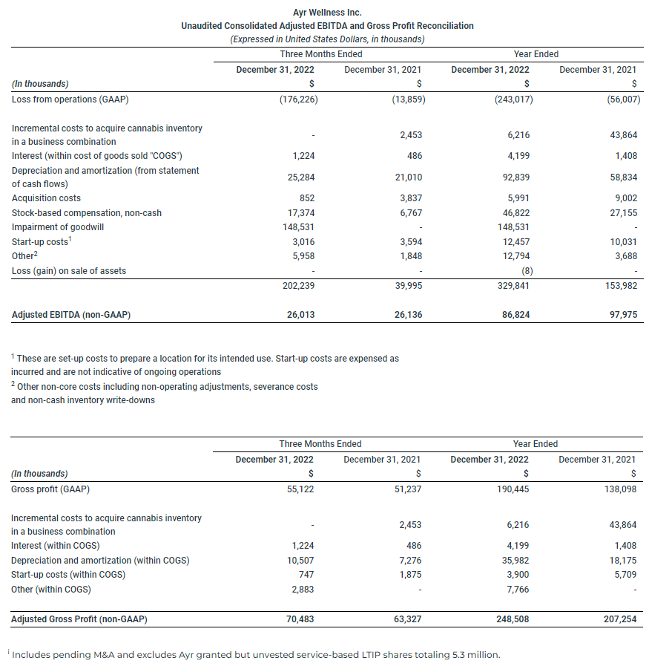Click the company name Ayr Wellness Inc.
coord(327,13)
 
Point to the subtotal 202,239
coord(297,285)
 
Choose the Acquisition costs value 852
coord(307,198)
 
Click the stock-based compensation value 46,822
coord(516,213)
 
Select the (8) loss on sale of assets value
coord(525,271)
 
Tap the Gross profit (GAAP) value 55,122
coord(300,489)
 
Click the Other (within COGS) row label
coord(51,590)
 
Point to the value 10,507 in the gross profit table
coord(300,561)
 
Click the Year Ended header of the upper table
coord(536,54)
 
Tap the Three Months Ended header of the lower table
coord(320,444)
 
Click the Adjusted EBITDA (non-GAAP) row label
coord(71,316)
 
